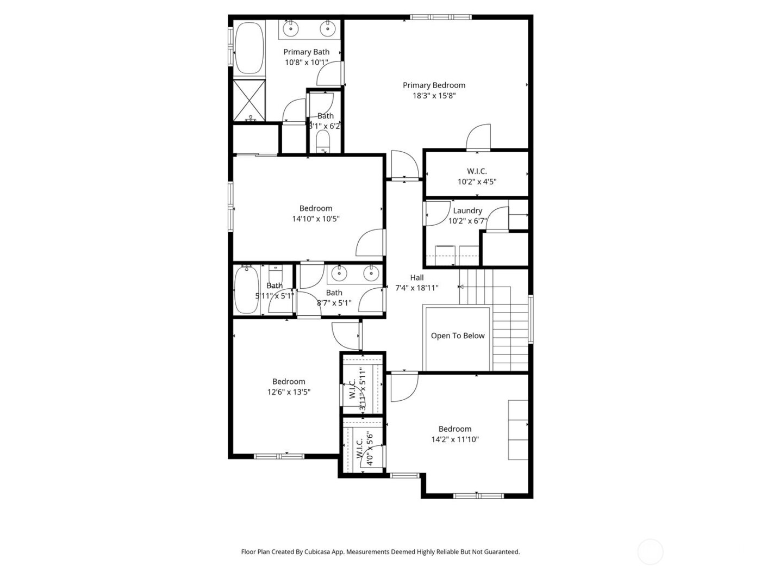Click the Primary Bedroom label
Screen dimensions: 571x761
tap(434, 85)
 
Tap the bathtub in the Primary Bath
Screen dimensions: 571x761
tap(249, 48)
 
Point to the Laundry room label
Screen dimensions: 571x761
tap(467, 211)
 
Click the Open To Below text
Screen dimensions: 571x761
tap(458, 336)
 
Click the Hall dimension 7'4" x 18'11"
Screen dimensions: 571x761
tap(417, 288)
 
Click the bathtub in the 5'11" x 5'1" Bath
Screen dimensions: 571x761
tap(246, 290)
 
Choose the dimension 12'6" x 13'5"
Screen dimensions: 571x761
tap(289, 392)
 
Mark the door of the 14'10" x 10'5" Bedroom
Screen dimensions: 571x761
tap(371, 244)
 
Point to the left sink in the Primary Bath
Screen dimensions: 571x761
tap(290, 28)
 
